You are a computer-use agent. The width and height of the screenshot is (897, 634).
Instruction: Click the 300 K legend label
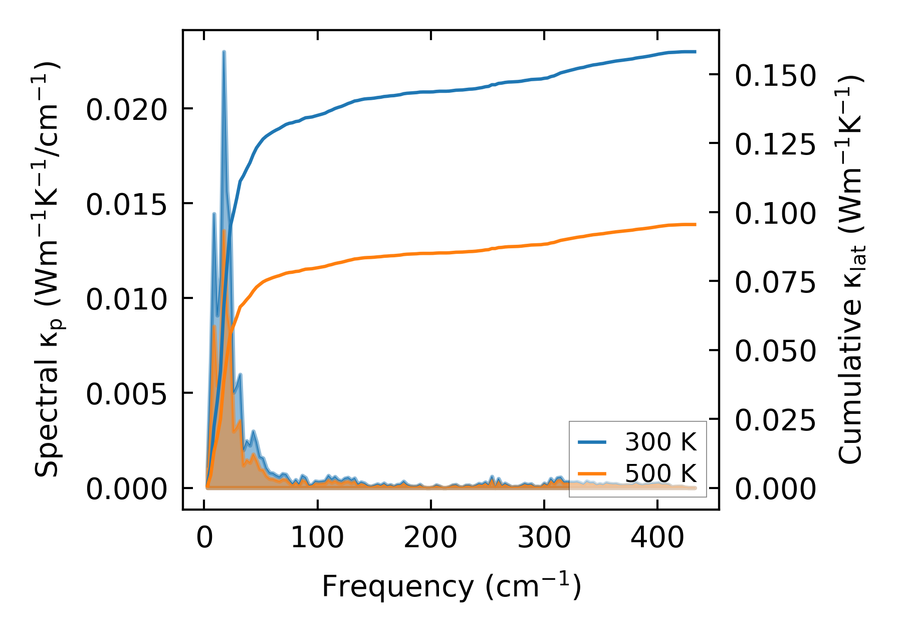660,442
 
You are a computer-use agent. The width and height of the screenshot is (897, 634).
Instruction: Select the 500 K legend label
660,473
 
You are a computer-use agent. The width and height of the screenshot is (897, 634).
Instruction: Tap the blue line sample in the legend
592,442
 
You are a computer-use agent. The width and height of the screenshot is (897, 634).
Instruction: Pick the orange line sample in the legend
592,473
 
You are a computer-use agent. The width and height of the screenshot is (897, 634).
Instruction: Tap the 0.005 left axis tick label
126,394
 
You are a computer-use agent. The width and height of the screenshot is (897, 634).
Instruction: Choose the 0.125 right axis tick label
775,144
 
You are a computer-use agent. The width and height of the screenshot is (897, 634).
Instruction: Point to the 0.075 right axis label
775,282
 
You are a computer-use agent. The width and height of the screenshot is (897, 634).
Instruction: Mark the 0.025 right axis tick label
775,420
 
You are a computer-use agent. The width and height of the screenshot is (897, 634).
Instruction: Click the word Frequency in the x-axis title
397,586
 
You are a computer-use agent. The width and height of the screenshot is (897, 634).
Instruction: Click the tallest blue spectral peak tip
224,52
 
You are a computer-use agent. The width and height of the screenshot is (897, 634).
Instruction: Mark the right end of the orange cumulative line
696,224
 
